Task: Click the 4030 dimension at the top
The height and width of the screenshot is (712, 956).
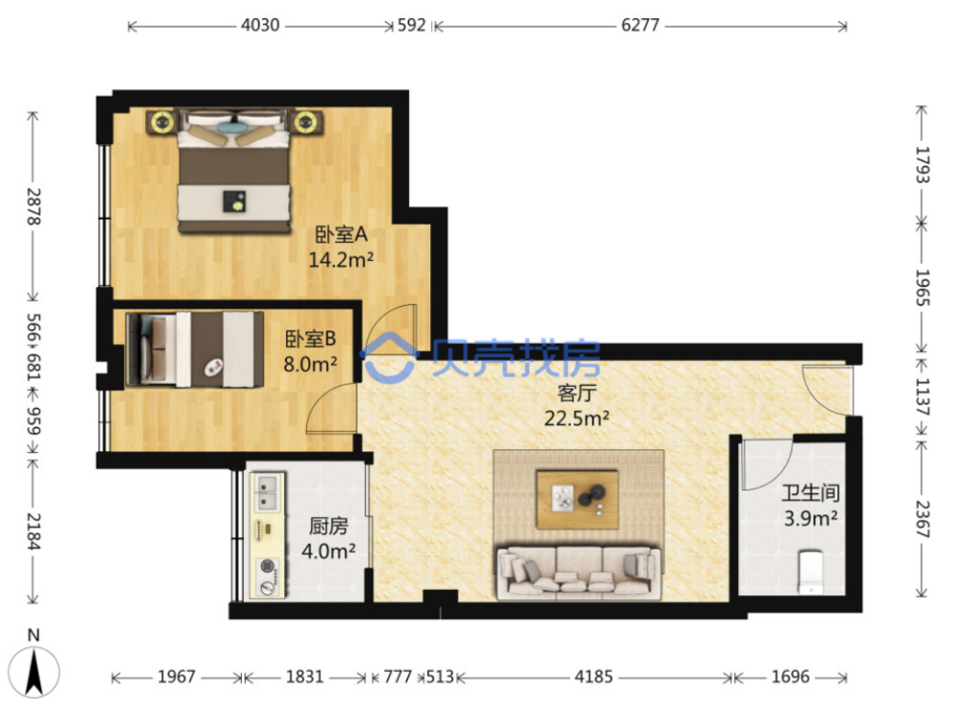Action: click(260, 25)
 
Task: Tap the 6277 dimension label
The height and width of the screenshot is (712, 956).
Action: click(641, 25)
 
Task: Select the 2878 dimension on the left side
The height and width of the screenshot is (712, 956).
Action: click(33, 206)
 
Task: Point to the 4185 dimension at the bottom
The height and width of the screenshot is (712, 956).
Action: click(594, 677)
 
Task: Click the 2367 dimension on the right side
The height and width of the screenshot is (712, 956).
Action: click(923, 519)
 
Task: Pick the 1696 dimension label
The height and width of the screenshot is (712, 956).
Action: click(791, 677)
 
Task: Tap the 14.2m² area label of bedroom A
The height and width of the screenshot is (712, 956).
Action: click(341, 260)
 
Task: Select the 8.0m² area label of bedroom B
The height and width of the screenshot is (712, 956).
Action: click(311, 364)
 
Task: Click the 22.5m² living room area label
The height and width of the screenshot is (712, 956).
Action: click(576, 419)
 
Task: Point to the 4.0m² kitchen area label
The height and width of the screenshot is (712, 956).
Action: click(329, 551)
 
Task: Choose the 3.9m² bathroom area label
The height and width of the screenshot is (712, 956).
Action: click(811, 519)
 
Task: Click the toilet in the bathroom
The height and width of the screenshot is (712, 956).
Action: click(811, 572)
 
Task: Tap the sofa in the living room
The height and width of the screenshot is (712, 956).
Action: click(578, 572)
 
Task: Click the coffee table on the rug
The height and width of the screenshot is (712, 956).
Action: click(576, 499)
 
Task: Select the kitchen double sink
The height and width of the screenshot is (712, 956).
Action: click(267, 493)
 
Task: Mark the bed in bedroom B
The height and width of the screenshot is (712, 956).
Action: click(194, 349)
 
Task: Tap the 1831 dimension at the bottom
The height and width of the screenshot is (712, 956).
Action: click(304, 677)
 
